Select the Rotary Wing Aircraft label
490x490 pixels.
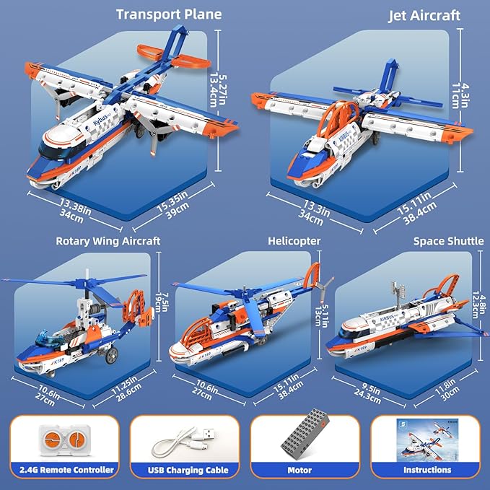click(x=108, y=241)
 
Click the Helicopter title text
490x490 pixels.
click(x=294, y=241)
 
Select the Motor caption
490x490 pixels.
click(x=299, y=470)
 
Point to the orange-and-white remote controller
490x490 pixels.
click(x=62, y=437)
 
